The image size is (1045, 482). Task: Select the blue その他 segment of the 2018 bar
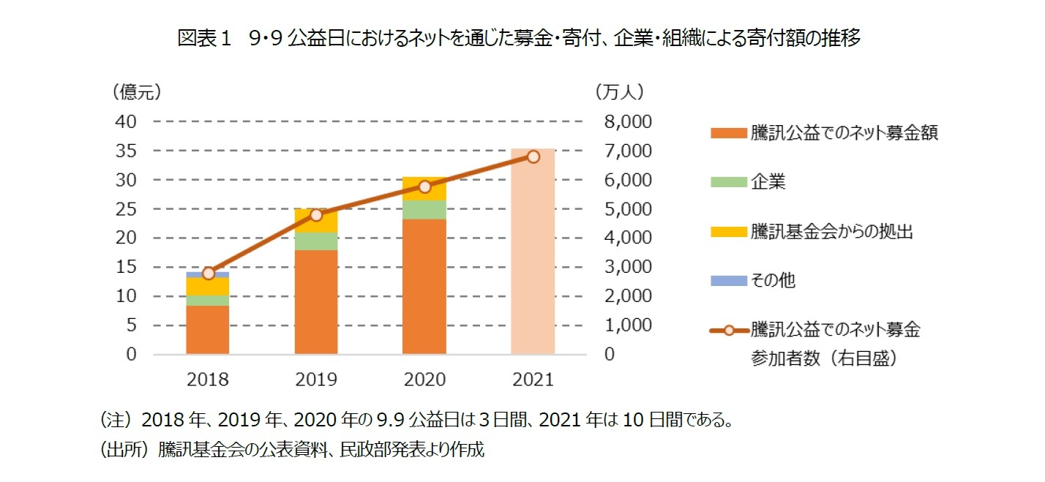pyautogui.click(x=208, y=275)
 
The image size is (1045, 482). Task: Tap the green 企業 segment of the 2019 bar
pyautogui.click(x=316, y=241)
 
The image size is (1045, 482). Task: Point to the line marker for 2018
pyautogui.click(x=208, y=273)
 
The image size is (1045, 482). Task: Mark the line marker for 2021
pyautogui.click(x=533, y=157)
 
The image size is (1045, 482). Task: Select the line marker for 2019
pyautogui.click(x=316, y=215)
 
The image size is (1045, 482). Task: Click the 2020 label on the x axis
pyautogui.click(x=424, y=380)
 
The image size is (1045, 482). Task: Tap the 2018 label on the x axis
pyautogui.click(x=208, y=380)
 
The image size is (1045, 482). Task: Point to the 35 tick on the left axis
pyautogui.click(x=126, y=151)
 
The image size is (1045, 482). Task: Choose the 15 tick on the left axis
pyautogui.click(x=126, y=267)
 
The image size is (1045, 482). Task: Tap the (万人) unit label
pyautogui.click(x=619, y=92)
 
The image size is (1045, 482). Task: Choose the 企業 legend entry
pyautogui.click(x=768, y=183)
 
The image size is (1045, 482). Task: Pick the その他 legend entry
pyautogui.click(x=772, y=280)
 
